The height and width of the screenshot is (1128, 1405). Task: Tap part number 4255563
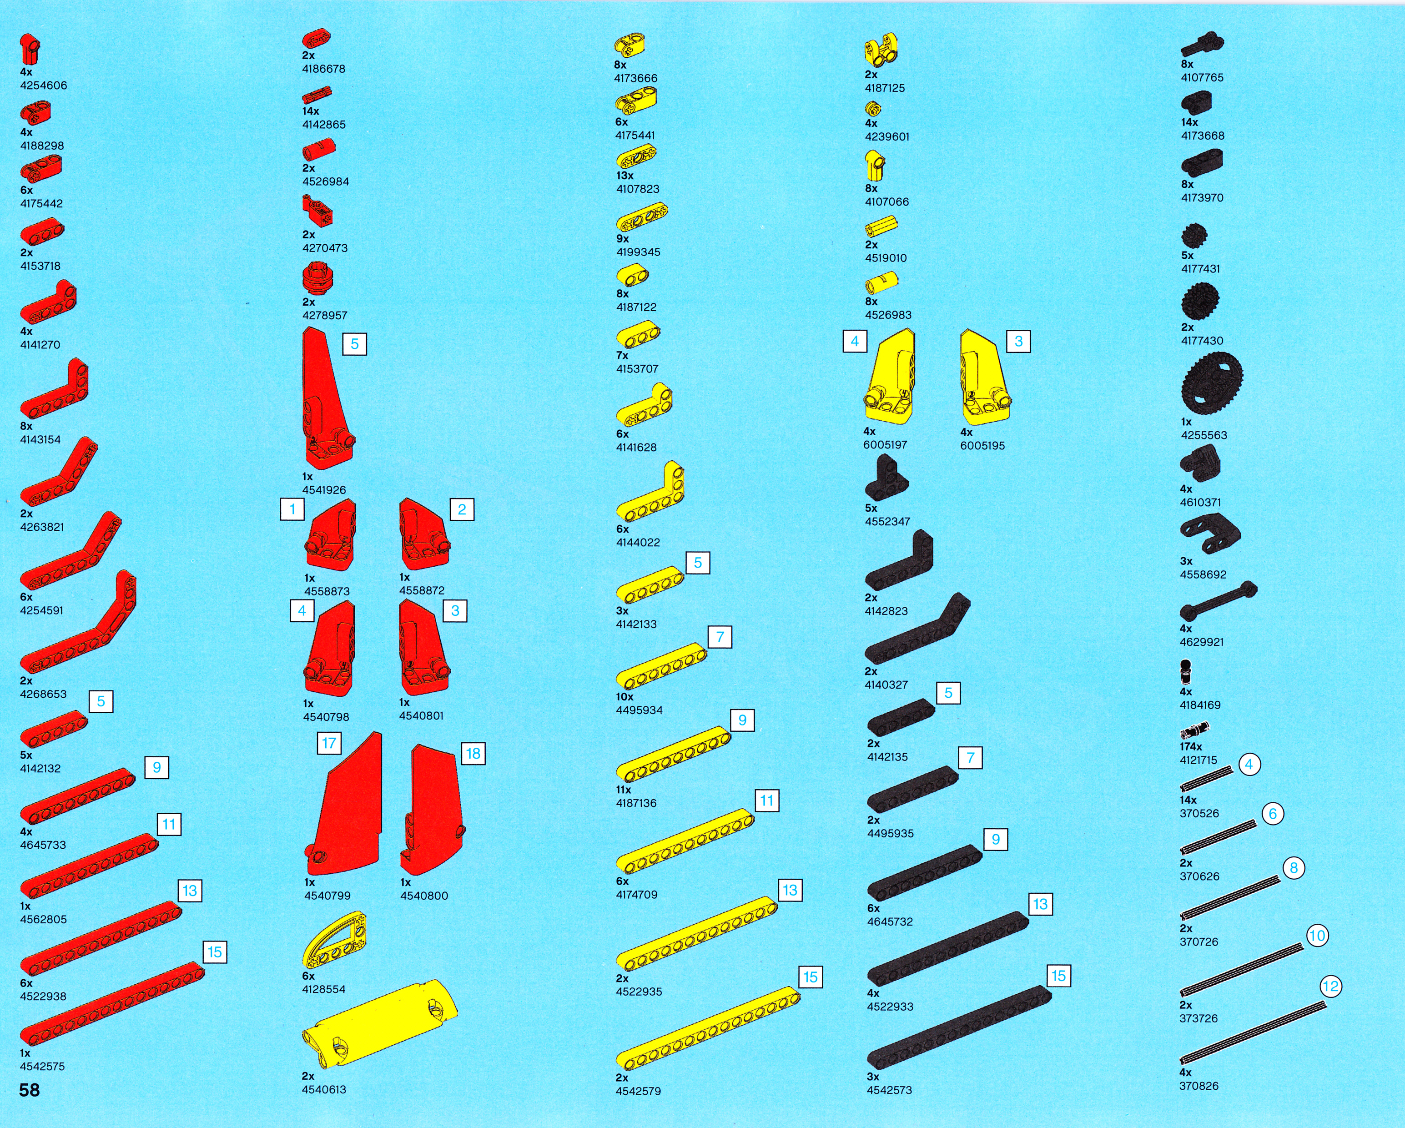pyautogui.click(x=1204, y=435)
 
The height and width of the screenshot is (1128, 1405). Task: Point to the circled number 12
pyautogui.click(x=1330, y=987)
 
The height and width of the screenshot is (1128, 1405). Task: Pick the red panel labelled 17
pyautogui.click(x=345, y=808)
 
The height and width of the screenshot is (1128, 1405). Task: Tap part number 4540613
pyautogui.click(x=324, y=1089)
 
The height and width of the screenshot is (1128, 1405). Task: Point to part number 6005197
pyautogui.click(x=886, y=445)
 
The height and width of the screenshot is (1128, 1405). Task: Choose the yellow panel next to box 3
pyautogui.click(x=984, y=378)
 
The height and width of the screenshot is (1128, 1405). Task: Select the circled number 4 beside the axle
pyautogui.click(x=1249, y=765)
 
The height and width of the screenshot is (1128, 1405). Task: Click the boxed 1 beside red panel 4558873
pyautogui.click(x=292, y=509)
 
